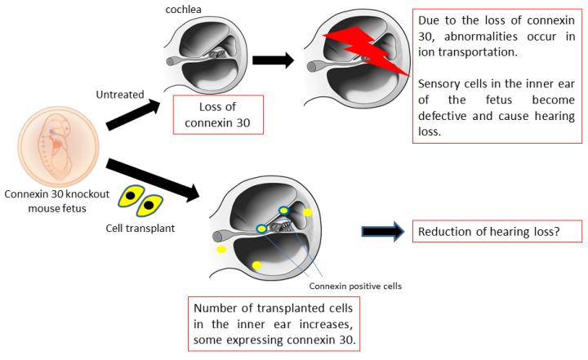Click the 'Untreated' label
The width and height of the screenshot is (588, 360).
coord(111,95)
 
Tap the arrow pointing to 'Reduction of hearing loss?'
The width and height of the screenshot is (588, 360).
coord(383,233)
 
